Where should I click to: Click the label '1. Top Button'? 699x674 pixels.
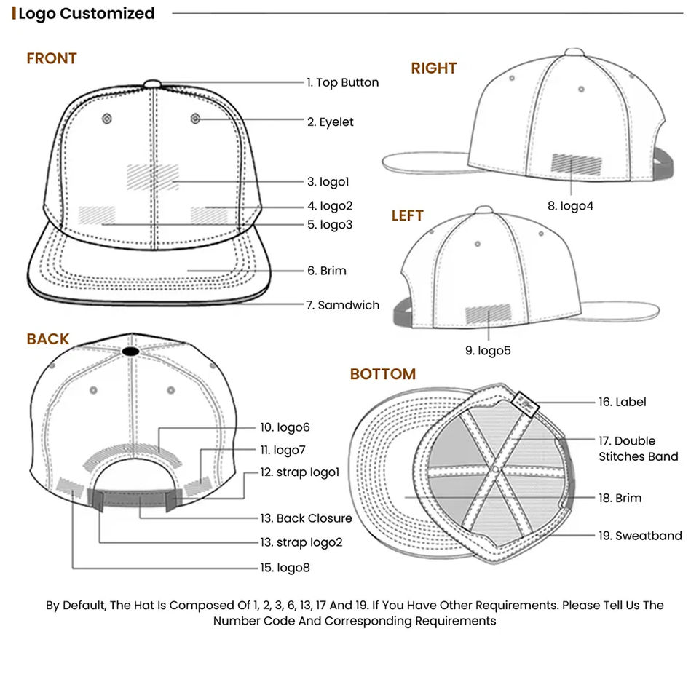[x=342, y=83]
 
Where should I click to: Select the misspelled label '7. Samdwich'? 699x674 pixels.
[x=342, y=306]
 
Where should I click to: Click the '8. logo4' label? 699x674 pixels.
[x=570, y=206]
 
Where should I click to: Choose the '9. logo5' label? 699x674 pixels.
[x=488, y=351]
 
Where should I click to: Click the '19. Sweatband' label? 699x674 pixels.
[x=640, y=536]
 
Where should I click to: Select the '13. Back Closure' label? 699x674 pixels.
[x=306, y=518]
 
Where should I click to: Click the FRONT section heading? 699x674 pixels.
[x=52, y=58]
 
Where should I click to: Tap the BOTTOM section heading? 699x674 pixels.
[x=382, y=374]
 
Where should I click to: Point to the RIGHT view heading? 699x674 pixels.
[x=433, y=68]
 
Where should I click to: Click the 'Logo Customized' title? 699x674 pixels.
[x=86, y=13]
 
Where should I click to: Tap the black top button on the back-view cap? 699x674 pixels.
[x=130, y=352]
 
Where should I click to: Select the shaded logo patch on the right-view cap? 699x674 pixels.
[x=577, y=163]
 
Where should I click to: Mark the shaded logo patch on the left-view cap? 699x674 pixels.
[x=488, y=314]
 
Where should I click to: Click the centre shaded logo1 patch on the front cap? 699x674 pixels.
[x=152, y=175]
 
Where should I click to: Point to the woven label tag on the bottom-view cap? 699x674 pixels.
[x=524, y=402]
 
